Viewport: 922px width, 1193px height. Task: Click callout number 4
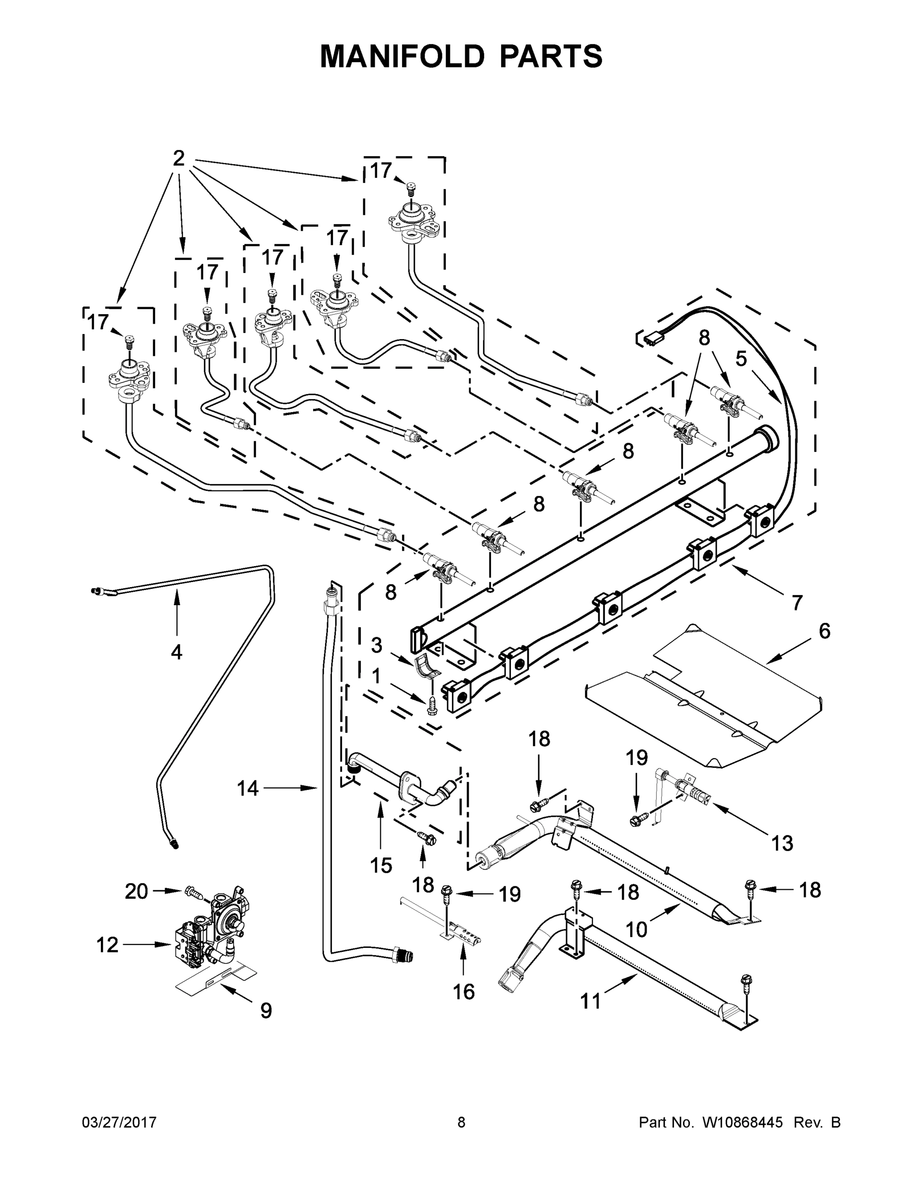(176, 652)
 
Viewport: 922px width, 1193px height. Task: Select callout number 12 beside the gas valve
(107, 944)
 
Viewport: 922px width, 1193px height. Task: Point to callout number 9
(265, 1011)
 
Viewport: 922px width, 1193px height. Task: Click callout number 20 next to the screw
(137, 891)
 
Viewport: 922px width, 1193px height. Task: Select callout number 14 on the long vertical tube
(248, 788)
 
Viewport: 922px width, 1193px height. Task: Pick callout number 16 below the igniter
(464, 992)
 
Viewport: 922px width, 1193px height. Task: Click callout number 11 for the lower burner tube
(590, 1001)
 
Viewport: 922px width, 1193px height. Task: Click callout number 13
(782, 844)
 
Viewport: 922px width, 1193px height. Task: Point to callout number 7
(797, 603)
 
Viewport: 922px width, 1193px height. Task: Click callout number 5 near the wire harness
(741, 359)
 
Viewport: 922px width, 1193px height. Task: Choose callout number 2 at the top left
(178, 159)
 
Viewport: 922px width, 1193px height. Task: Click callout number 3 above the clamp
(376, 645)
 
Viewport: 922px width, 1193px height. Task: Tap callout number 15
(381, 865)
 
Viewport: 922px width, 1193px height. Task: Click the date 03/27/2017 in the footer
(119, 1122)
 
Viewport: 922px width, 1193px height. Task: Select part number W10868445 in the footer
(742, 1122)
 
